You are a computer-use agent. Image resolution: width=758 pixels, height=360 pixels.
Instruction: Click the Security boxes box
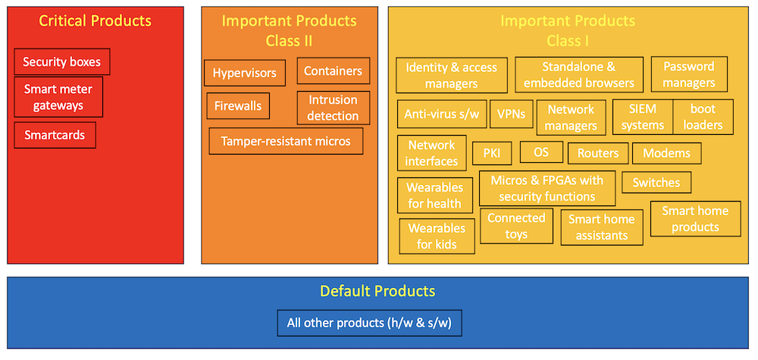coord(62,62)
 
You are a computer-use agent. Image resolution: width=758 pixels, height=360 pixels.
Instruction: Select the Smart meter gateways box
coord(58,97)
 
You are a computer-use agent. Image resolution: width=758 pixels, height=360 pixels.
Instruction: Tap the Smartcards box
coord(55,136)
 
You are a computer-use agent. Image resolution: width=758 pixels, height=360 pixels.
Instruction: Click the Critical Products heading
coord(95,21)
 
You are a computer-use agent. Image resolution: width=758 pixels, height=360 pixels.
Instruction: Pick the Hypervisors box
coord(244,74)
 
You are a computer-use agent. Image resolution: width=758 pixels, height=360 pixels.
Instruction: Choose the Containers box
coord(333,71)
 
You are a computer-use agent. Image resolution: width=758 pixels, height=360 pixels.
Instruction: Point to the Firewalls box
coord(237,106)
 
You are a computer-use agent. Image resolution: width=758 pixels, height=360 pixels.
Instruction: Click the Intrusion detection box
coord(333,108)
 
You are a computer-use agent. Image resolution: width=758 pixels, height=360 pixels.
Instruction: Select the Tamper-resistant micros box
coord(286,141)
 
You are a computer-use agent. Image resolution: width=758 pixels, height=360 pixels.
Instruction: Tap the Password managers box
coord(689,74)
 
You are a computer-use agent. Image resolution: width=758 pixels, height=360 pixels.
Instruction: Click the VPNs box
coord(512,114)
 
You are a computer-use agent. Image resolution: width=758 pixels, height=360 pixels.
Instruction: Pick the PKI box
coord(492,153)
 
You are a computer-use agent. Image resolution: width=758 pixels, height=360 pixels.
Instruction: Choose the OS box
coord(541,152)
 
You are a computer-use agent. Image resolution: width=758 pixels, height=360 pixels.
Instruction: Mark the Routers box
coord(598,153)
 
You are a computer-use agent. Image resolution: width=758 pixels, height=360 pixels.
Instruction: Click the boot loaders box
coord(703,117)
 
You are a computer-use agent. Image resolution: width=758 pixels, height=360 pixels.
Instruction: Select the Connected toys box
coord(516,226)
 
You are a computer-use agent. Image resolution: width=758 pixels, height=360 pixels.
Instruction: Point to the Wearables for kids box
coord(437,236)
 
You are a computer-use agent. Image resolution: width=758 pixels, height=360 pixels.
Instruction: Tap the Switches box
coord(656,183)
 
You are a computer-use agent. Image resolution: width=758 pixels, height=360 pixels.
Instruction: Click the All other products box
coord(369,323)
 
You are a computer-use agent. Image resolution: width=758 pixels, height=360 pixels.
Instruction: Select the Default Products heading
coord(377,291)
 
